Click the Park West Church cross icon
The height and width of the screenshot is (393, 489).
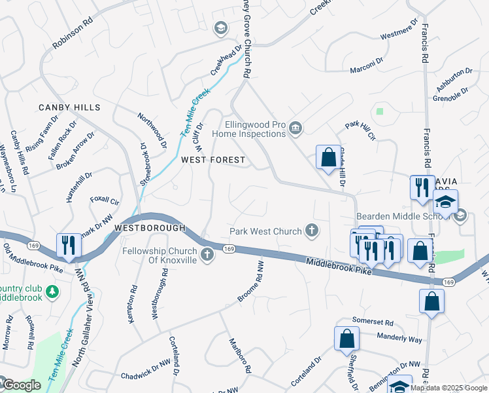[312, 231]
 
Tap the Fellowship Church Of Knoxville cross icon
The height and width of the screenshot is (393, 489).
[208, 255]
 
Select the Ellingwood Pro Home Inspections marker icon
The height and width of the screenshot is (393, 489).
[295, 127]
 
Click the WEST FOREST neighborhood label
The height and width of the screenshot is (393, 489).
[213, 160]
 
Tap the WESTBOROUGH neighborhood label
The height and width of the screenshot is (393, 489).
[150, 228]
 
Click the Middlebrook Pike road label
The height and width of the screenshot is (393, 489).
[339, 266]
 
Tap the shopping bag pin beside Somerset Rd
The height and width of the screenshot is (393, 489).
[346, 339]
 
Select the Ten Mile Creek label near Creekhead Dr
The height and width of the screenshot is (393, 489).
[195, 111]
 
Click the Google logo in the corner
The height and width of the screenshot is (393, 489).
[21, 385]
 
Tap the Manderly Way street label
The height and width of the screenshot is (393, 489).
[400, 338]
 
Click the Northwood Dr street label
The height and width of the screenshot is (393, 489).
[152, 129]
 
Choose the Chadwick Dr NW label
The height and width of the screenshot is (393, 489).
[145, 375]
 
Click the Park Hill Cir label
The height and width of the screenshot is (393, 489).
[362, 131]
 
